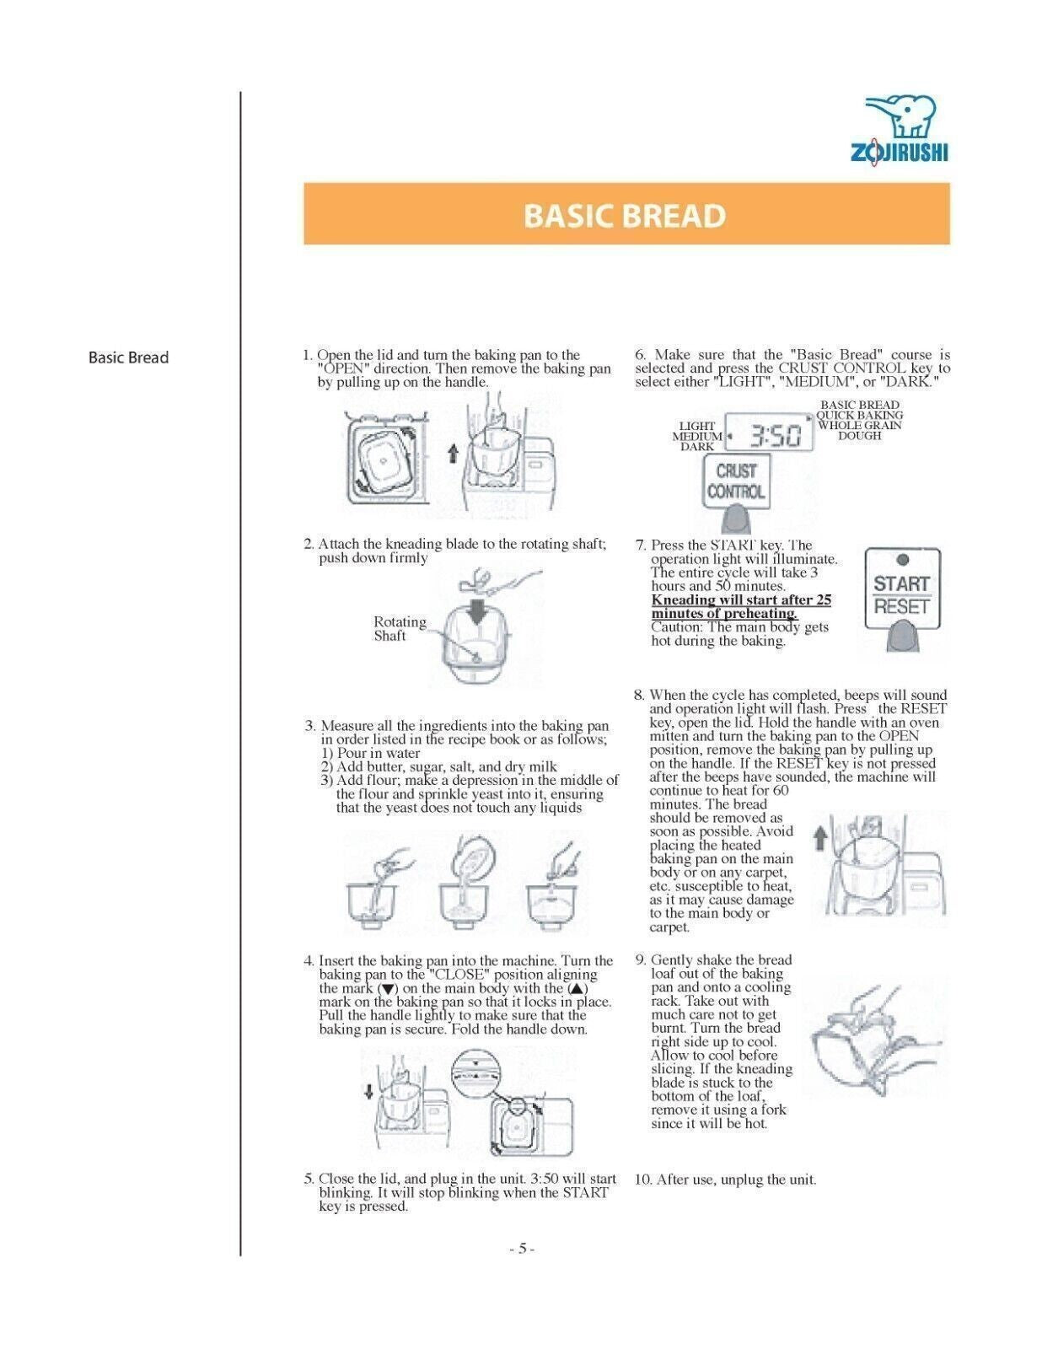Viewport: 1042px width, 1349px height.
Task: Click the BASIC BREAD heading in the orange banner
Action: click(x=625, y=216)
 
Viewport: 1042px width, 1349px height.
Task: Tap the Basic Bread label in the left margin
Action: click(x=128, y=357)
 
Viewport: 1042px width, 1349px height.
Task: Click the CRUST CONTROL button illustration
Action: click(x=736, y=482)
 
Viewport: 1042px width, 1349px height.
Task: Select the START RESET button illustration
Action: click(x=901, y=594)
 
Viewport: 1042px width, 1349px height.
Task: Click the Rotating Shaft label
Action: click(x=400, y=629)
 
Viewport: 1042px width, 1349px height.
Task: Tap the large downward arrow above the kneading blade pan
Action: click(x=476, y=610)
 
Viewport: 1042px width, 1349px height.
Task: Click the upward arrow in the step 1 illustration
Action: click(x=453, y=454)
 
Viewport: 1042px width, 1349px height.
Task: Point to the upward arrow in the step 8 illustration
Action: click(x=818, y=837)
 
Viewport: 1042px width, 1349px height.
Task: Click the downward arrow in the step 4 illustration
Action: click(x=368, y=1093)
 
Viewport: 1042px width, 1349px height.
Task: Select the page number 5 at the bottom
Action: click(x=522, y=1249)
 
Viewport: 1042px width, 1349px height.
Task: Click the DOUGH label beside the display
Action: click(x=859, y=436)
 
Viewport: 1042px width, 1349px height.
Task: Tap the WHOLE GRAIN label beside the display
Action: click(x=859, y=426)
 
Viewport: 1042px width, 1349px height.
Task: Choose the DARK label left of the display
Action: click(x=697, y=447)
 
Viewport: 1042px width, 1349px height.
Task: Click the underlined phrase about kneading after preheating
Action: click(x=740, y=607)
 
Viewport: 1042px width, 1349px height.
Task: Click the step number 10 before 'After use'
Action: click(x=643, y=1180)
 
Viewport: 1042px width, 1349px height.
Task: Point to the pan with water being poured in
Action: click(x=369, y=900)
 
